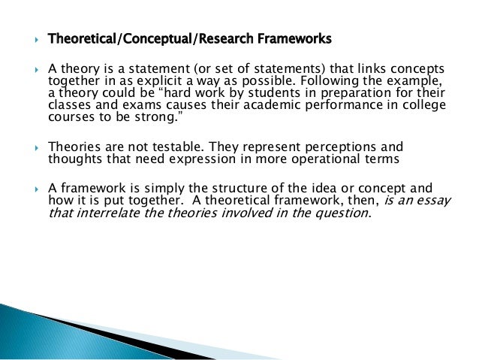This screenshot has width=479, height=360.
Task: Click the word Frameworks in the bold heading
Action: coord(294,38)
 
